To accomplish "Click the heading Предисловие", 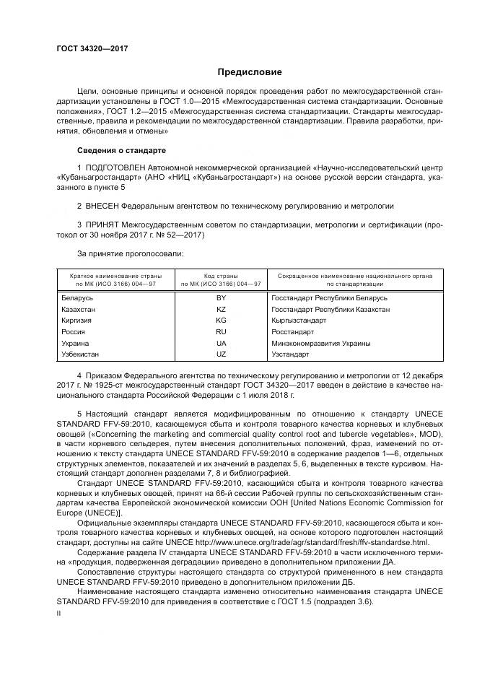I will (x=250, y=72).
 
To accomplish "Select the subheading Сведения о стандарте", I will (x=121, y=150).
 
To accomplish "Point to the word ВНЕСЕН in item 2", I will (x=107, y=205).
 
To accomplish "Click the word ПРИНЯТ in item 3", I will (x=104, y=225).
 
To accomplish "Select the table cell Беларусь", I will (x=77, y=297).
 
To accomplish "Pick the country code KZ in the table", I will (x=221, y=309).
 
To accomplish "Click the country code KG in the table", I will (x=221, y=320).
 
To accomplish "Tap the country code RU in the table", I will (x=221, y=331).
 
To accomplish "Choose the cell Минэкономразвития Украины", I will (x=320, y=343).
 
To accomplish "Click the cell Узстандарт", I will (x=290, y=354).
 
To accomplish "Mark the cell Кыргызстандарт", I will (x=299, y=320).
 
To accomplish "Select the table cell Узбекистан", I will (x=80, y=354).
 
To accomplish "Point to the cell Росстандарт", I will (x=292, y=331).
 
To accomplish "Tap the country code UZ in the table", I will (x=221, y=354).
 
